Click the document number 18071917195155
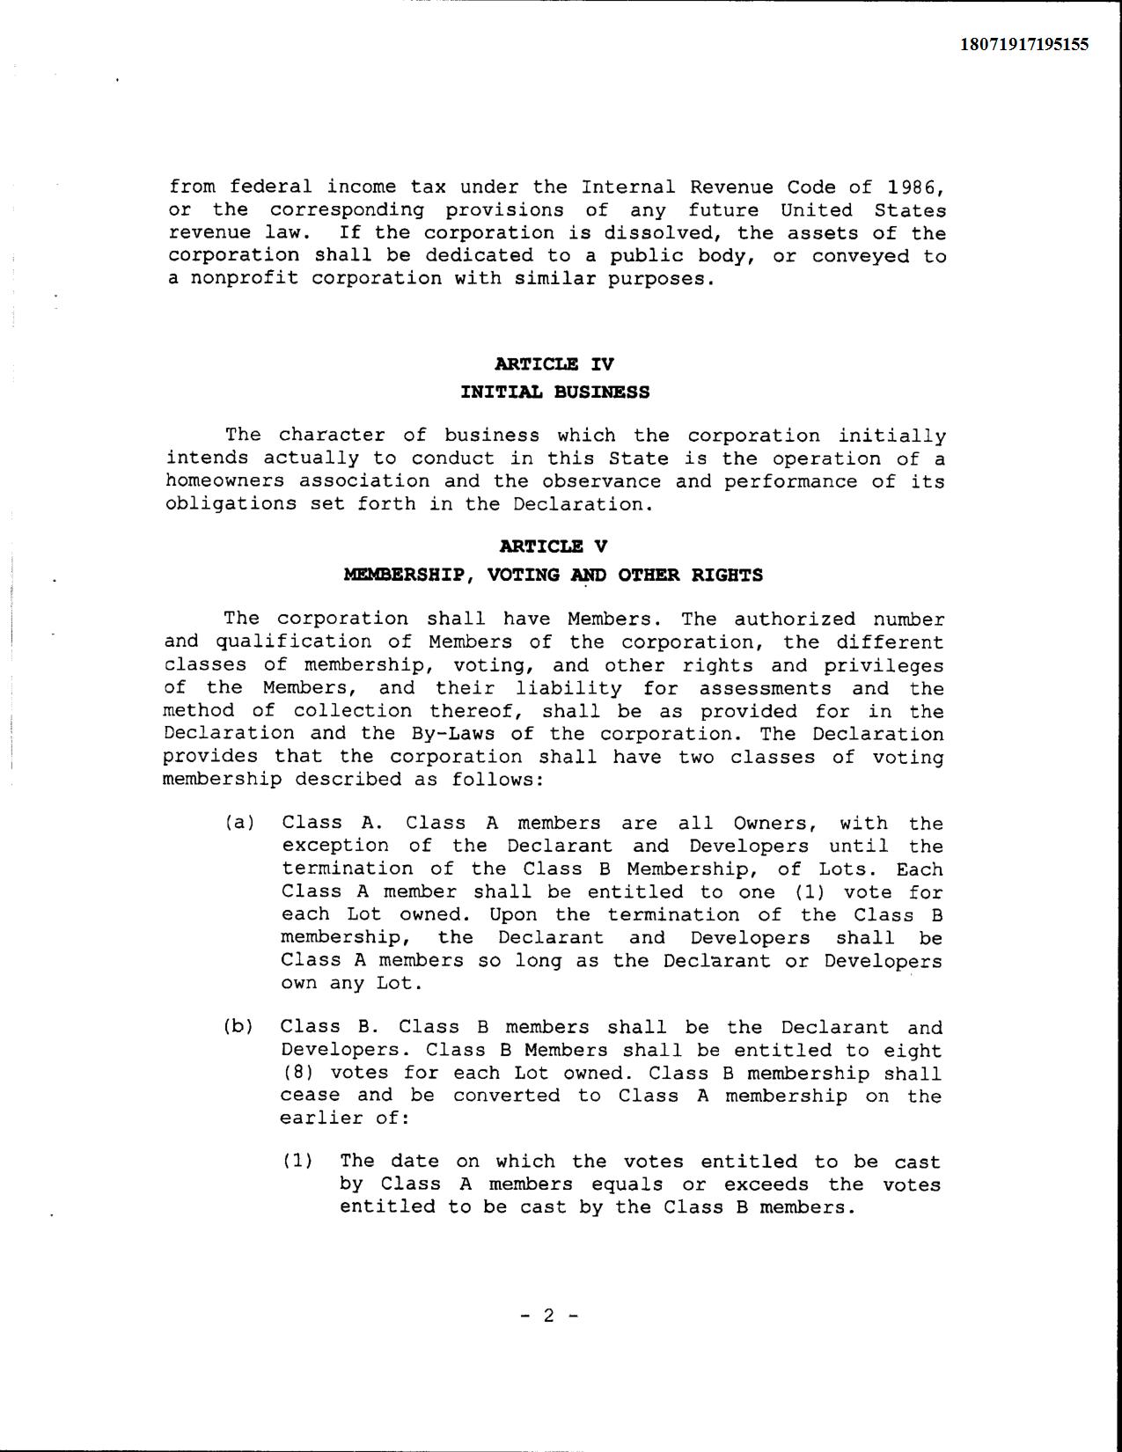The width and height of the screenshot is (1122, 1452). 1023,44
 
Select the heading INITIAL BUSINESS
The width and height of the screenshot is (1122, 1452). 554,392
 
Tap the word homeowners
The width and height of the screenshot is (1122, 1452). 224,481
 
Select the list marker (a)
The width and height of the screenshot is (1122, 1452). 239,823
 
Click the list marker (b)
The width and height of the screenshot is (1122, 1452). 238,1026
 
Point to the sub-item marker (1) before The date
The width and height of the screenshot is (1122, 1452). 298,1161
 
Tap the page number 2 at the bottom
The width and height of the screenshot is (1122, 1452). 549,1316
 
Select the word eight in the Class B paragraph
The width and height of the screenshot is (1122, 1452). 913,1050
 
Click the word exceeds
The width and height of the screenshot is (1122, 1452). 766,1184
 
